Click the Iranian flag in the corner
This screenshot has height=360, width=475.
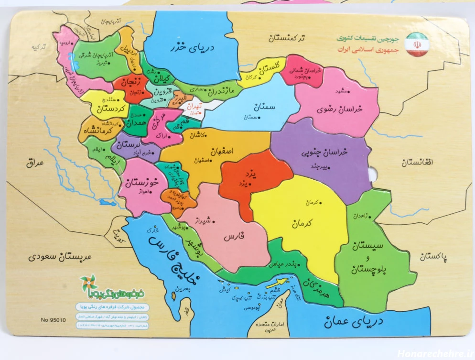click(x=417, y=44)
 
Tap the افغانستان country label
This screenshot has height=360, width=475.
click(x=417, y=163)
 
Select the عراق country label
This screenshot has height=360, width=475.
click(x=35, y=163)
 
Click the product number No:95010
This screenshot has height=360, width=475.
click(x=54, y=320)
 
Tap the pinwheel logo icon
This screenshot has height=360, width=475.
click(x=88, y=284)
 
